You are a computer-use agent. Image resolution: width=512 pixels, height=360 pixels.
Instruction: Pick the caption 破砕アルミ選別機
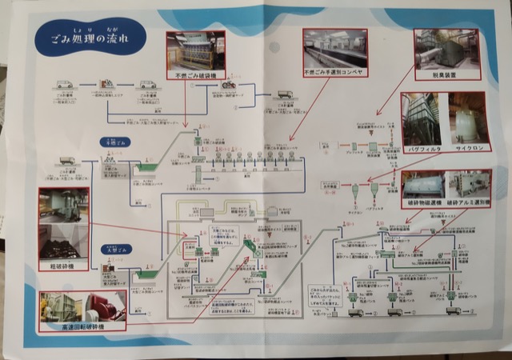point(466,204)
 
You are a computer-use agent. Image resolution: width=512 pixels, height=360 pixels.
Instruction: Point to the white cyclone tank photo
point(467,118)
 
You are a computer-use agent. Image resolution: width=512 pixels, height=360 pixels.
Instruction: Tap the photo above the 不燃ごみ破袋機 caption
point(192,50)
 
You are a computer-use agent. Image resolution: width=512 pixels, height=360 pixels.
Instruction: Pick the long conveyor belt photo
point(333,47)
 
